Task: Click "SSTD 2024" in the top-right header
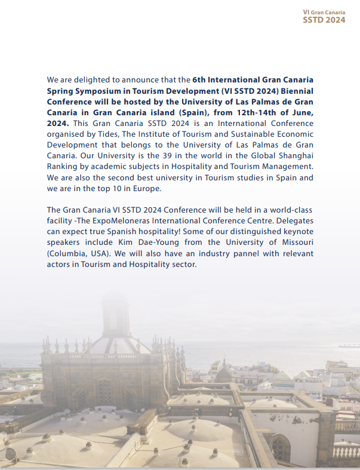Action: click(324, 20)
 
